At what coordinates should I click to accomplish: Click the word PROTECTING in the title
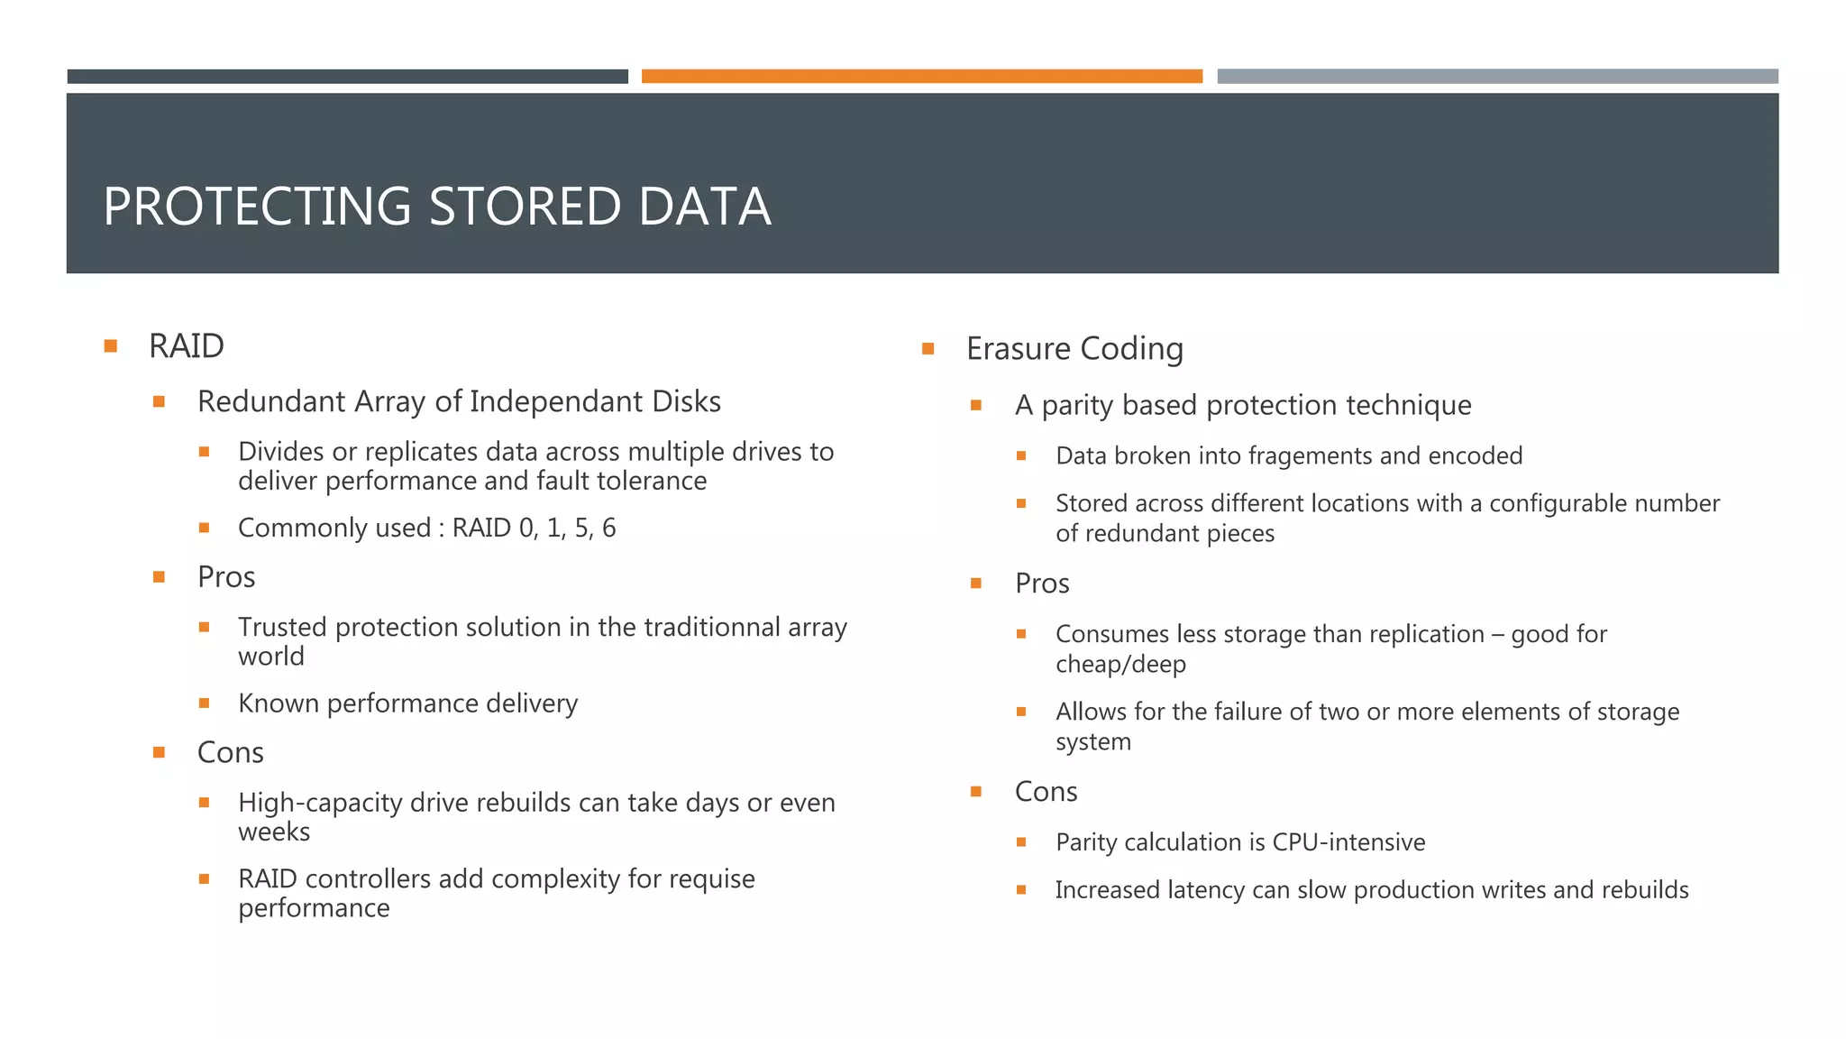(258, 207)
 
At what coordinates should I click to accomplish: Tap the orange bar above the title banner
(921, 77)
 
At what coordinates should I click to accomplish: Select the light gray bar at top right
(1497, 77)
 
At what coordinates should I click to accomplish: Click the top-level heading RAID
(186, 346)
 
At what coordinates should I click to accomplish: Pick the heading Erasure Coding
(1074, 349)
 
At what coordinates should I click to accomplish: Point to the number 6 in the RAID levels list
(608, 529)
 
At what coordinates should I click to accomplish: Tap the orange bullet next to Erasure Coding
(928, 349)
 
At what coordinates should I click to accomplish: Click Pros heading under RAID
(226, 577)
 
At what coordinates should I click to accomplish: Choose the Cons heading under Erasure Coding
(1046, 792)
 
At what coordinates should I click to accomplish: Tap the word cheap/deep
(1120, 665)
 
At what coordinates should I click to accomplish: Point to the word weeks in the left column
(274, 832)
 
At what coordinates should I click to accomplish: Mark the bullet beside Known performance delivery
(205, 703)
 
